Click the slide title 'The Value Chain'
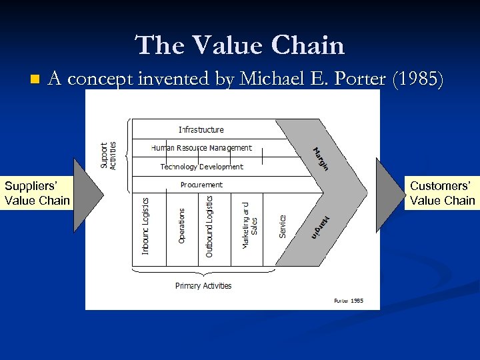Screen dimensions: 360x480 click(240, 45)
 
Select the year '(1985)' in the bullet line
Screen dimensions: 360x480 click(417, 79)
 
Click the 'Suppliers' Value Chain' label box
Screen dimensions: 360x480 click(37, 193)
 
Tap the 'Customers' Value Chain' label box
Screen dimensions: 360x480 click(442, 193)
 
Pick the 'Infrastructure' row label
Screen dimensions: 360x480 click(201, 129)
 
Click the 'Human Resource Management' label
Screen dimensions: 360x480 click(201, 148)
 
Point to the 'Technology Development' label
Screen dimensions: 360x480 click(201, 167)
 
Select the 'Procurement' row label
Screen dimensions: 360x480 click(201, 185)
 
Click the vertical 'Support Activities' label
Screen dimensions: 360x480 click(108, 155)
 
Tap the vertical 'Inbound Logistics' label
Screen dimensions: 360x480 click(146, 225)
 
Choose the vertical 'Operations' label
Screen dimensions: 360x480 click(182, 225)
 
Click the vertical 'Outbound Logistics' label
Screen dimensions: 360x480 click(209, 225)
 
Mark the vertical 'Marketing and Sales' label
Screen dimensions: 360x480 click(249, 225)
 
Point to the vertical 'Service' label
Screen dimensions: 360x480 click(283, 225)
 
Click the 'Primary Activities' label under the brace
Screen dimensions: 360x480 click(203, 286)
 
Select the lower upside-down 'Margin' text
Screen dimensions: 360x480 click(321, 227)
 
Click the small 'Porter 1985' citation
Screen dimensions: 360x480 click(349, 301)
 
